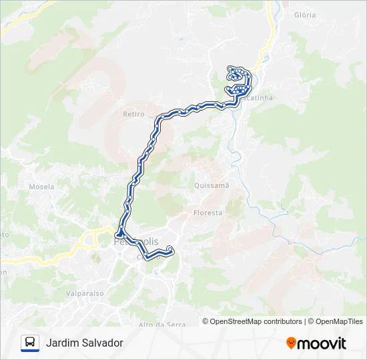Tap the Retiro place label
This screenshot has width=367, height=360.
[133, 114]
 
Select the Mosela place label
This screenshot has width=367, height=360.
[41, 187]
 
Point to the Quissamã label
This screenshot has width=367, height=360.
[212, 185]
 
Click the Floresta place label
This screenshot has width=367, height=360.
[208, 213]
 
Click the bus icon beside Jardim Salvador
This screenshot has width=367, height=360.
[30, 343]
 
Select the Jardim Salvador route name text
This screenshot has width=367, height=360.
[85, 343]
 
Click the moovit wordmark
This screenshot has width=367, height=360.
[322, 343]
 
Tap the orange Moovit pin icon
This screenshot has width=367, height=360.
[291, 343]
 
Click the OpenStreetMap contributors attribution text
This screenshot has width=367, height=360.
[256, 321]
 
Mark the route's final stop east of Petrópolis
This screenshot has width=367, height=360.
[170, 249]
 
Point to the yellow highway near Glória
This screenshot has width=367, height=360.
[270, 27]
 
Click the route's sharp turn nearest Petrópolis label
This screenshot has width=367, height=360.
[119, 234]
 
